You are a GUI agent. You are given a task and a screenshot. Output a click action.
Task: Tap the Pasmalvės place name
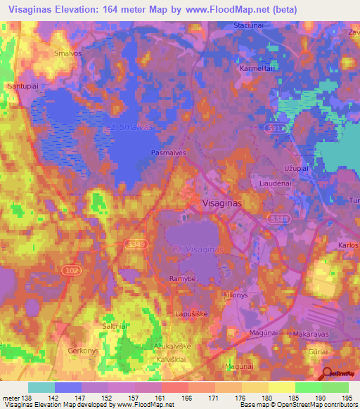(x=167, y=152)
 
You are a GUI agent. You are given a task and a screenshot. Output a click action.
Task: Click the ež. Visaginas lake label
(x=198, y=249)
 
